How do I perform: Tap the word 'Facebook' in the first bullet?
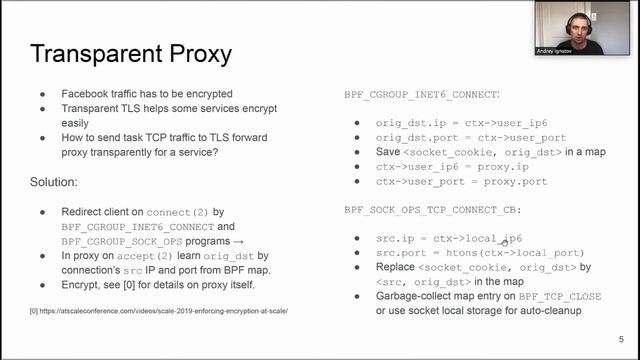(87, 93)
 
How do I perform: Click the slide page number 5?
(621, 337)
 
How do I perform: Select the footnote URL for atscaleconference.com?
(161, 312)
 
